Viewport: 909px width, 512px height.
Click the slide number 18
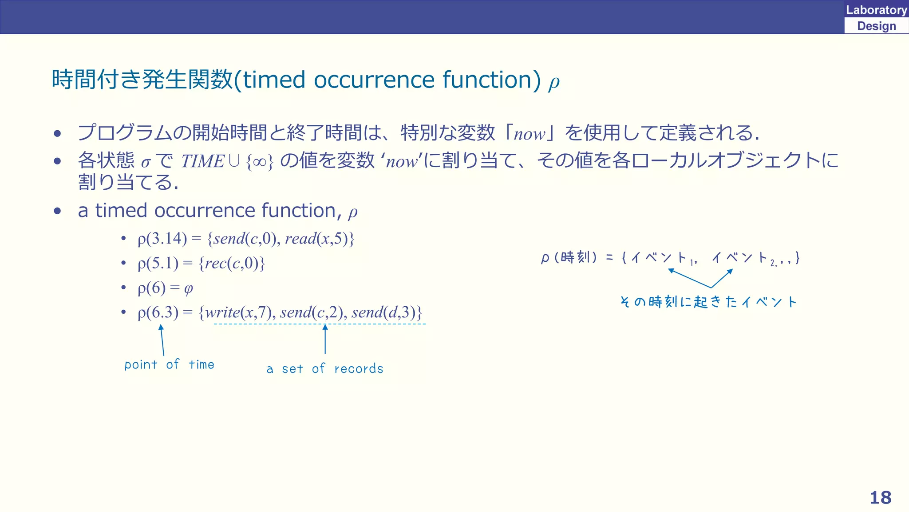point(880,497)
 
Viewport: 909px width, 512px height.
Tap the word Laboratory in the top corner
point(876,10)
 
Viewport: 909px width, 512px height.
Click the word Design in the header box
point(876,26)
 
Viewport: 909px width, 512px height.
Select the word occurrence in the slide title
point(375,80)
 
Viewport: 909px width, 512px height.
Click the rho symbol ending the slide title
point(553,82)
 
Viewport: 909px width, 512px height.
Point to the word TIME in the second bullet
point(202,161)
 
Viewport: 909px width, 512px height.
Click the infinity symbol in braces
point(260,162)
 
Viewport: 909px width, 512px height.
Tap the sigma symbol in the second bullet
point(146,162)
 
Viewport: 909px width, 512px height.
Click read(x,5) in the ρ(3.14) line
point(316,239)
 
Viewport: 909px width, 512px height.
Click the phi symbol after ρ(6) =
point(188,289)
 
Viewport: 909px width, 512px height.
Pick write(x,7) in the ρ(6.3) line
point(237,312)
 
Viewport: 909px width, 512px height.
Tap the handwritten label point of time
point(169,365)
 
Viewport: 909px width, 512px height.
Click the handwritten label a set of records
point(324,369)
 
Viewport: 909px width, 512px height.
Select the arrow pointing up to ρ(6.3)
point(162,340)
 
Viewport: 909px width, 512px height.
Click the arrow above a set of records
point(325,339)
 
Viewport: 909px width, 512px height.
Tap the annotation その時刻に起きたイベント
point(708,302)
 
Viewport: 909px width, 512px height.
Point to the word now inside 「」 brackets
point(529,134)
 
